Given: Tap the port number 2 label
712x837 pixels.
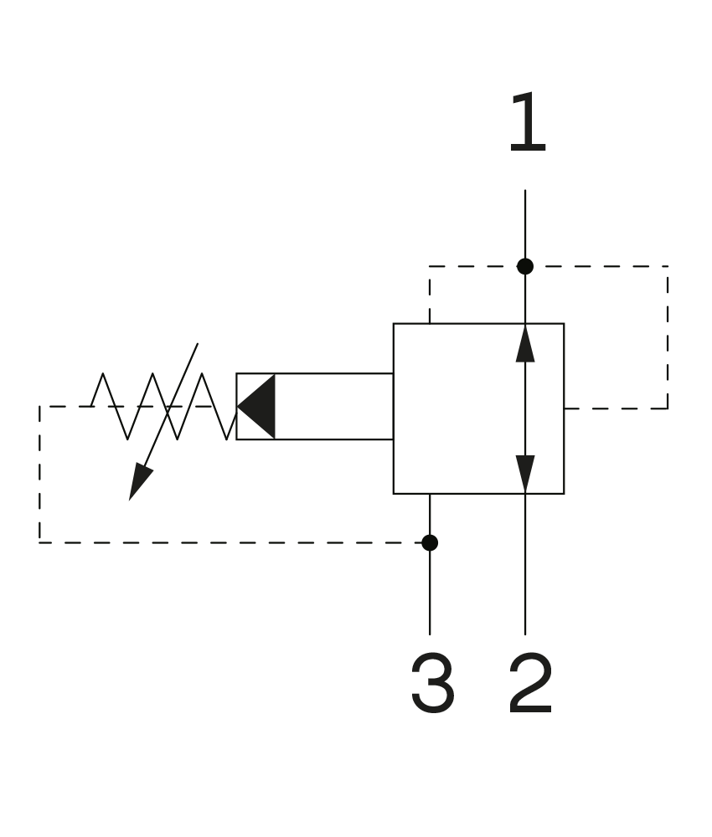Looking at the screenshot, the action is [530, 683].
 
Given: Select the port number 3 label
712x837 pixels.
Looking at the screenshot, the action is [433, 683].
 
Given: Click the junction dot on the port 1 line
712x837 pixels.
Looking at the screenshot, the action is [525, 266].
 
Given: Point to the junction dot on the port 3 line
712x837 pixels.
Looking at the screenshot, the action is [430, 542].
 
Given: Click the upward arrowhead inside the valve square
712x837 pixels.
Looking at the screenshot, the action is [525, 343].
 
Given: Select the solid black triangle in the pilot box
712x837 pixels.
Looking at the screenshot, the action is [255, 406].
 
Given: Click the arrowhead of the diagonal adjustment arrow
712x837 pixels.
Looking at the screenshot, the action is [140, 483].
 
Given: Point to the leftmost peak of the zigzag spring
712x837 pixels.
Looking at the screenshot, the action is [102, 373].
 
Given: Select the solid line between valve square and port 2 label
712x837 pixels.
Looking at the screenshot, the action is [525, 564].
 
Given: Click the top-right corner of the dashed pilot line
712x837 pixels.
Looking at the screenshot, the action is [668, 266].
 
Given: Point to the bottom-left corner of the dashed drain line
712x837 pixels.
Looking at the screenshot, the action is [39, 542].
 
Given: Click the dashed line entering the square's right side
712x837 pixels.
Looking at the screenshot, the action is [616, 408].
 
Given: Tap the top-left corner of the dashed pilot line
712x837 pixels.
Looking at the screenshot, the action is [430, 266].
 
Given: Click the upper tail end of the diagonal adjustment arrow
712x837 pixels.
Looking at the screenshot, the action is [198, 343].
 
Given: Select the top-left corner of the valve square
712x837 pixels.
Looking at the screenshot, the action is [394, 323].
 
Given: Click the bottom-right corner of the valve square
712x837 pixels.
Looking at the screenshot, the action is [564, 494].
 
